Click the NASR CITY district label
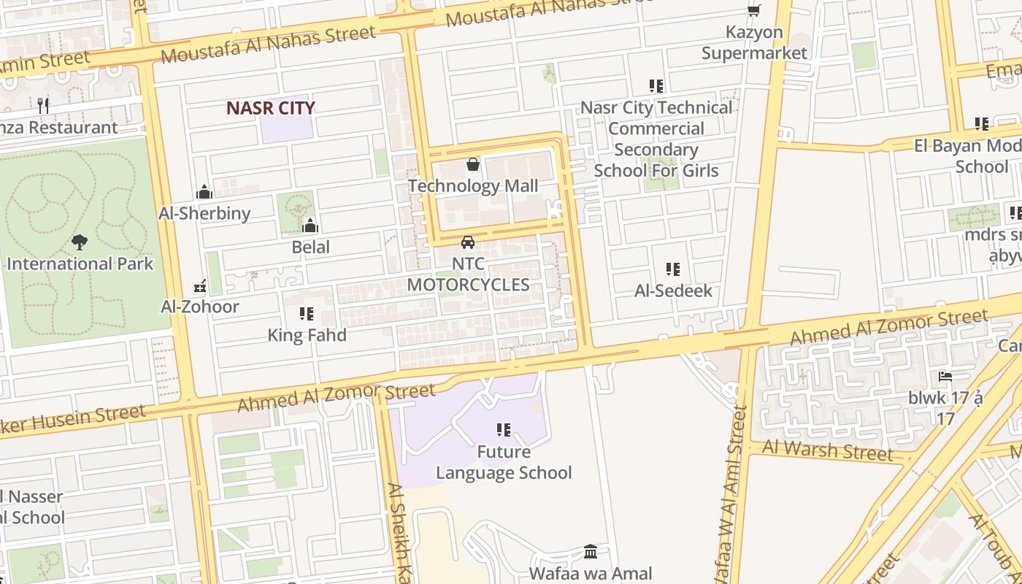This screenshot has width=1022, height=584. (x=270, y=108)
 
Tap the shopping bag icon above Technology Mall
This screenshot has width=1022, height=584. (x=473, y=164)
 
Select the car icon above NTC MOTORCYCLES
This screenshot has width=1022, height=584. (x=468, y=242)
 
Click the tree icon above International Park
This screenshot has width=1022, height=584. (x=80, y=242)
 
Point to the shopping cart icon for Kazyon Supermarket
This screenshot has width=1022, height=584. (x=753, y=10)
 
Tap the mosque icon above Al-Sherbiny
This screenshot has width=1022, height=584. (x=204, y=192)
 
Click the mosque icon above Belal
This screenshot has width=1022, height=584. (x=310, y=226)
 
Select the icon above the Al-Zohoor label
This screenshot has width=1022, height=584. (x=200, y=285)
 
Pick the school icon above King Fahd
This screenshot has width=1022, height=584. (x=307, y=314)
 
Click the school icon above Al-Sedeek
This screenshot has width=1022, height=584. (x=673, y=269)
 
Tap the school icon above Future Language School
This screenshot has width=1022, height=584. (x=504, y=430)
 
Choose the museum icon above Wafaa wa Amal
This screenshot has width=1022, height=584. (x=591, y=551)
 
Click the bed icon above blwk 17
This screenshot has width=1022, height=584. (x=945, y=377)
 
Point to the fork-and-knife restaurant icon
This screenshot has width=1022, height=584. (x=43, y=106)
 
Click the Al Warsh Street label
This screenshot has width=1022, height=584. (x=827, y=450)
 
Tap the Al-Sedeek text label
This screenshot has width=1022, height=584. (x=673, y=291)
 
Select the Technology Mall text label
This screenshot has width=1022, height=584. (x=473, y=186)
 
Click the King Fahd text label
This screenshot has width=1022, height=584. (x=307, y=335)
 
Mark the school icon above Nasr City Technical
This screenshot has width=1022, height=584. (x=656, y=86)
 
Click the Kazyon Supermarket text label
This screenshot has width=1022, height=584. (x=754, y=42)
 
